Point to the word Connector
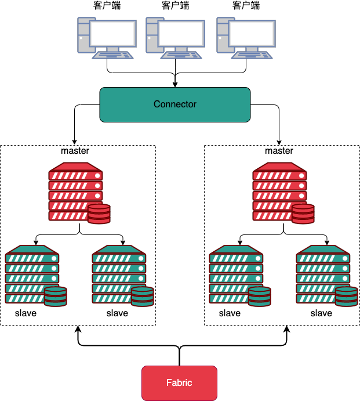(x=174, y=104)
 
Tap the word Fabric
(x=179, y=383)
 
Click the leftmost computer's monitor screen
(x=112, y=34)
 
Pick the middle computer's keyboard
(x=181, y=55)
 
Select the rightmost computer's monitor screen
(x=252, y=34)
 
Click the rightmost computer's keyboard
(x=252, y=55)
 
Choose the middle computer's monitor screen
(x=181, y=34)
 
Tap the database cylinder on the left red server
(x=99, y=214)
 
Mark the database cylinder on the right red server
(x=303, y=214)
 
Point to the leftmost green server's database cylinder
(x=55, y=296)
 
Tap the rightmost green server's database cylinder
(x=346, y=296)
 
